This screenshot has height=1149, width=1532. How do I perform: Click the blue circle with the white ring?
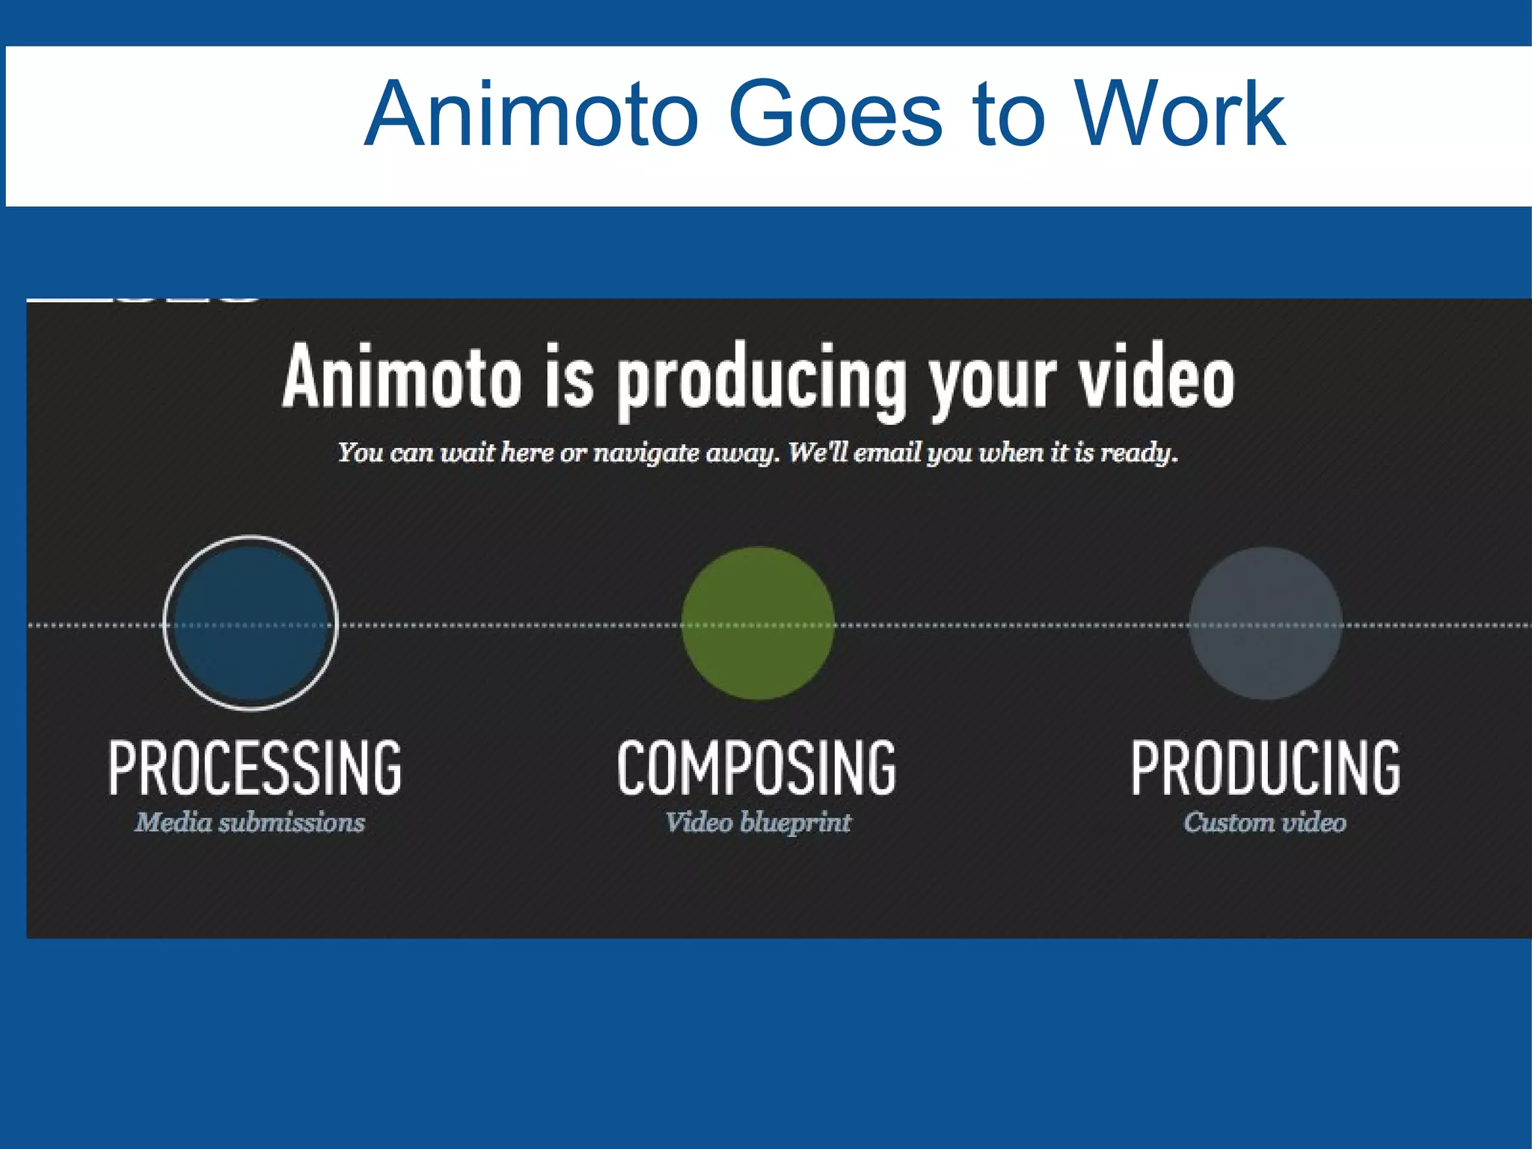[x=251, y=623]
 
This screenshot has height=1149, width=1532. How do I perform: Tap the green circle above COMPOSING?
[x=758, y=623]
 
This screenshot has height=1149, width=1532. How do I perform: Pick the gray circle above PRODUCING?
[x=1265, y=623]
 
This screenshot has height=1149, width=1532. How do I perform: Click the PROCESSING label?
[x=255, y=767]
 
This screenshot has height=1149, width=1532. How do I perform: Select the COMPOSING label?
[x=757, y=767]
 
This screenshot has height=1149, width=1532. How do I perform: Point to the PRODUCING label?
[x=1265, y=767]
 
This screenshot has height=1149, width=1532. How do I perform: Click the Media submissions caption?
[x=250, y=823]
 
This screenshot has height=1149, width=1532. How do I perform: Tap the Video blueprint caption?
[x=758, y=823]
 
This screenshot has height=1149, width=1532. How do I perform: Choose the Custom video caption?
[x=1265, y=823]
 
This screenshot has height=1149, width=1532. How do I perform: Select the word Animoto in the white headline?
[x=402, y=378]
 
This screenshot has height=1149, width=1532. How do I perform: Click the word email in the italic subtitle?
[x=886, y=453]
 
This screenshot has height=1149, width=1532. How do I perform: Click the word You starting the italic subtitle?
[x=360, y=453]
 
